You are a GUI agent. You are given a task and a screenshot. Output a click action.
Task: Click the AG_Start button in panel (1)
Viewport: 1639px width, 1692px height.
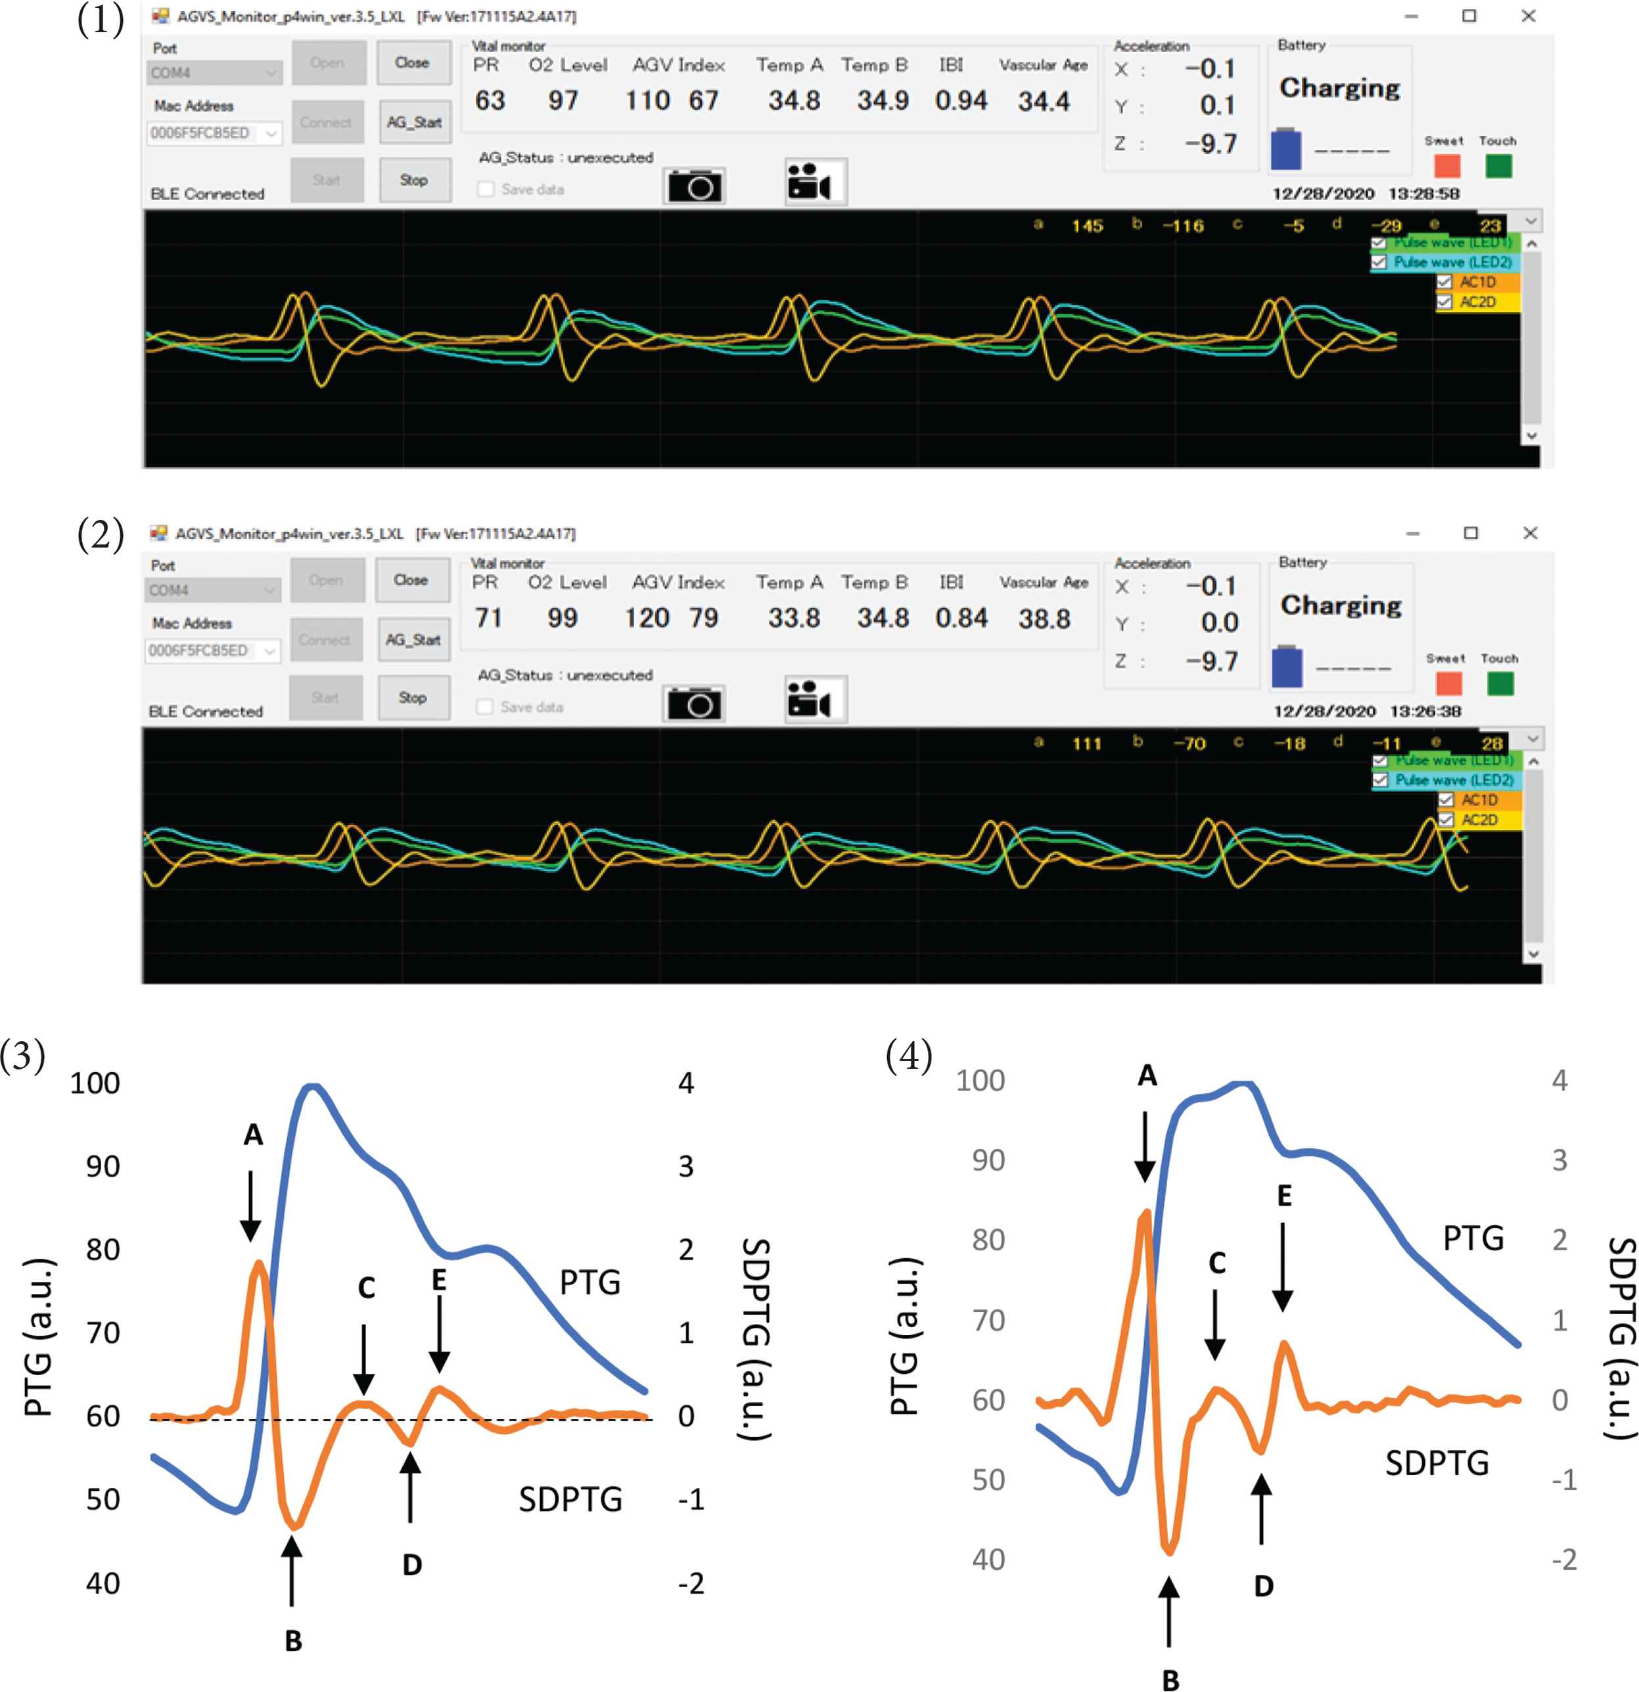point(414,122)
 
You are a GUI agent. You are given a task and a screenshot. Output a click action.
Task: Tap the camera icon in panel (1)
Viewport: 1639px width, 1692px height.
point(694,185)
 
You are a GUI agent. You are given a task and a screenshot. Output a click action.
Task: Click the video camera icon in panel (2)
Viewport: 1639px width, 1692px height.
point(815,699)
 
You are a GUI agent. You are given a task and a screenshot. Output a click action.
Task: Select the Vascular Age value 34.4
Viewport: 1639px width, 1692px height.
point(1044,102)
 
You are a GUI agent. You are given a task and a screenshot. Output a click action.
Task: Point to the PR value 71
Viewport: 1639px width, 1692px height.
point(488,618)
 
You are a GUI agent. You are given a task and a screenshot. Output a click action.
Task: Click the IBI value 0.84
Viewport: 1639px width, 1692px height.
point(961,618)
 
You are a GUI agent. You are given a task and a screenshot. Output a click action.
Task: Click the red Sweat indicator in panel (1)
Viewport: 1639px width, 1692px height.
point(1446,166)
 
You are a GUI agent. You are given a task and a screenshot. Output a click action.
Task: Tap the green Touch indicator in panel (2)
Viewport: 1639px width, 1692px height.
point(1500,684)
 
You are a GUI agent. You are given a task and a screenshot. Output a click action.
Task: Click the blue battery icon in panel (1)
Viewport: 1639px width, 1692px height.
point(1286,149)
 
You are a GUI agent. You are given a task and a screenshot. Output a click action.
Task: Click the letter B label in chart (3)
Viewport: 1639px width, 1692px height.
point(294,1640)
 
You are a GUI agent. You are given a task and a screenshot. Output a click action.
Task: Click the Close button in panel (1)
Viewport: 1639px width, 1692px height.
point(413,63)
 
